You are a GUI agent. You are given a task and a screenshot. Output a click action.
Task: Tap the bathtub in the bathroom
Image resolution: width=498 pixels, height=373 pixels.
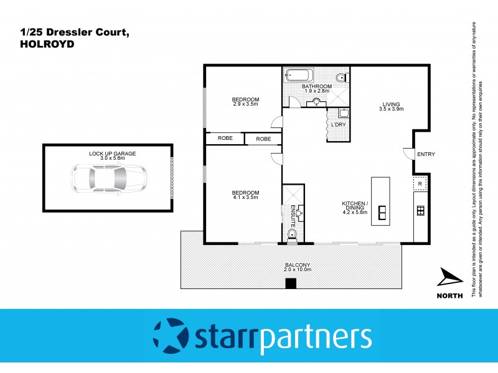295,78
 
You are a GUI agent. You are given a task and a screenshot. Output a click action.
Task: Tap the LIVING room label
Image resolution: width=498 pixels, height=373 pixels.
392,104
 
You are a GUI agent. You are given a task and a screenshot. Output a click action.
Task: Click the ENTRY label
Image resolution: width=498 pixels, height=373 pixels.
426,154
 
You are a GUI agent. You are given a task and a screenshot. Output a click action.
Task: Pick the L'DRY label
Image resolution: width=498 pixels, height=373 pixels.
339,125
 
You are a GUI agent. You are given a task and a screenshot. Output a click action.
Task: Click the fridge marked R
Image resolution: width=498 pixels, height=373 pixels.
420,184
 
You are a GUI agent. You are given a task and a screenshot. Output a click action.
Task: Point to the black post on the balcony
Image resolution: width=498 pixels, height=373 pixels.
290,284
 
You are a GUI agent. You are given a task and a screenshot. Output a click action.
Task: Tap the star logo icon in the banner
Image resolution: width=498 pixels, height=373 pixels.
169,336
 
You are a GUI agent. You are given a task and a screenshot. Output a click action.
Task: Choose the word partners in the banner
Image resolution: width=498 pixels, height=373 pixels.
315,337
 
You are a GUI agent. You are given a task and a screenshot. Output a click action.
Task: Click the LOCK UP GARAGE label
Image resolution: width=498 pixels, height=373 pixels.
112,153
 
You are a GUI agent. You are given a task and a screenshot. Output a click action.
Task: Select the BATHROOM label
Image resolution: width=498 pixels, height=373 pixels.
315,87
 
